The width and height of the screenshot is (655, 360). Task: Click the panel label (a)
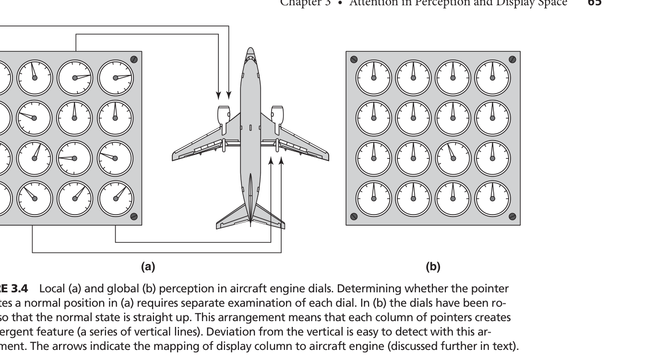148,267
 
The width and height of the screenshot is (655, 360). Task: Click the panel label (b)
433,267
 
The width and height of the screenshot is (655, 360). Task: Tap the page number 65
595,3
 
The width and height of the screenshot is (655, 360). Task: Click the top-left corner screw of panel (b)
354,60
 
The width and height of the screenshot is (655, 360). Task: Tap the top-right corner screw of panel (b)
512,60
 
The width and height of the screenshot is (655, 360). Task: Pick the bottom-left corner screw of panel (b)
354,216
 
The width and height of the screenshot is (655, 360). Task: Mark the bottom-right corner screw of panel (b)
512,216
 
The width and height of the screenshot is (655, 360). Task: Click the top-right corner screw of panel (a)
134,60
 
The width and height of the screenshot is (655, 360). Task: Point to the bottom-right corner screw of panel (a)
134,216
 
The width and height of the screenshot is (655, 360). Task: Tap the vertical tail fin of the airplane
250,197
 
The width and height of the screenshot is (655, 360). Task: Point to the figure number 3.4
20,288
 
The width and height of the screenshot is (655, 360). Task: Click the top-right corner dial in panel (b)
492,78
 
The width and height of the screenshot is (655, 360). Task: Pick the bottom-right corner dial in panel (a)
116,198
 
